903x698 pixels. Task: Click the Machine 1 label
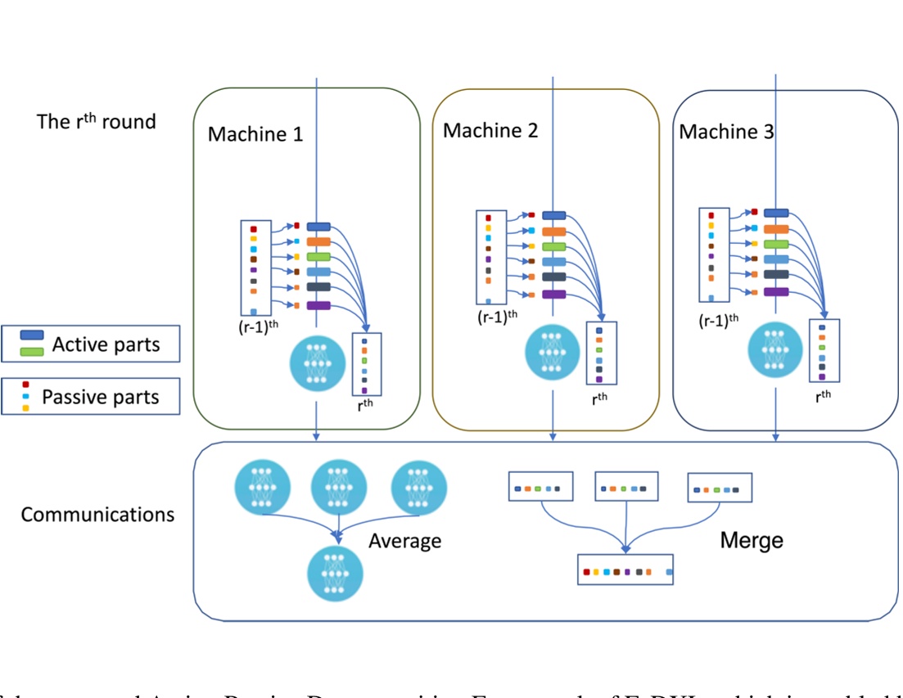(x=255, y=133)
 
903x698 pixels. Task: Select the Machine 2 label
(x=490, y=130)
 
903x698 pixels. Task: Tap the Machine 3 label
(x=726, y=131)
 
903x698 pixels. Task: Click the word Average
(x=404, y=541)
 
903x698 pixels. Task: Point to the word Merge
(x=752, y=540)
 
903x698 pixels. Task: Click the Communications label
(x=97, y=515)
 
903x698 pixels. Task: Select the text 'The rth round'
(x=97, y=121)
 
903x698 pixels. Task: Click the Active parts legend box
(x=91, y=344)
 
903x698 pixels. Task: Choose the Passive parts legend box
(x=91, y=396)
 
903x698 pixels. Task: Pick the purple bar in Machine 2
(x=553, y=294)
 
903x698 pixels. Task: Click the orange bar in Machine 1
(x=318, y=241)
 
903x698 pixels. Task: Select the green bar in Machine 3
(x=776, y=244)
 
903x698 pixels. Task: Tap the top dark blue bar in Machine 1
(x=318, y=226)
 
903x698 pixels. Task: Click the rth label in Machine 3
(x=824, y=393)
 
